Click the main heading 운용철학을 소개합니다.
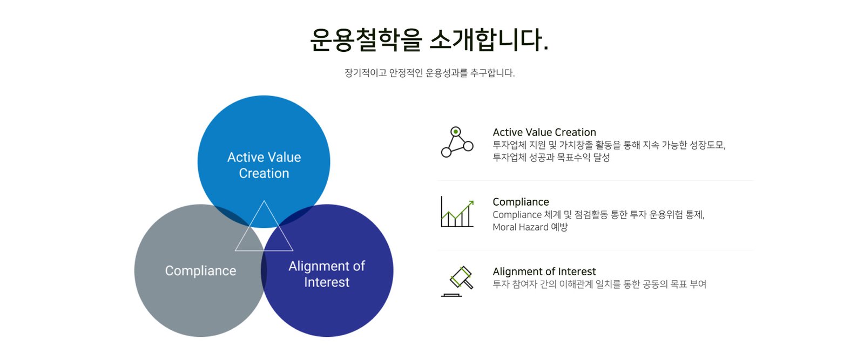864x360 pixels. point(429,39)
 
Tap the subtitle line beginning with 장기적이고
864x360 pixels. point(429,73)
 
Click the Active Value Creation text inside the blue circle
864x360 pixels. point(264,165)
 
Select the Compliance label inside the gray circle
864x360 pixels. point(200,270)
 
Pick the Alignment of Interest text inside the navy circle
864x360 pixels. point(327,274)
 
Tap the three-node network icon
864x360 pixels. point(457,142)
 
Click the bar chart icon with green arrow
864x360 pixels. point(457,212)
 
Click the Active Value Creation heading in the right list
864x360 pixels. point(544,132)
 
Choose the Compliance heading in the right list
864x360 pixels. point(521,202)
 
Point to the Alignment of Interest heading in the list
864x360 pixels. point(544,271)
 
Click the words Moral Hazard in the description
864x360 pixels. point(521,227)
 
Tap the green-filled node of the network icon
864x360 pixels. point(456,132)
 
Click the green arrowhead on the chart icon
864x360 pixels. point(471,203)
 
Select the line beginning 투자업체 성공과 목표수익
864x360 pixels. point(551,158)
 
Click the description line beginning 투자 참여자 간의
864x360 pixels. point(599,284)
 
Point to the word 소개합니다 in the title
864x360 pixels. point(489,39)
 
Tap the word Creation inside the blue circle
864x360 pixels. point(264,173)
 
